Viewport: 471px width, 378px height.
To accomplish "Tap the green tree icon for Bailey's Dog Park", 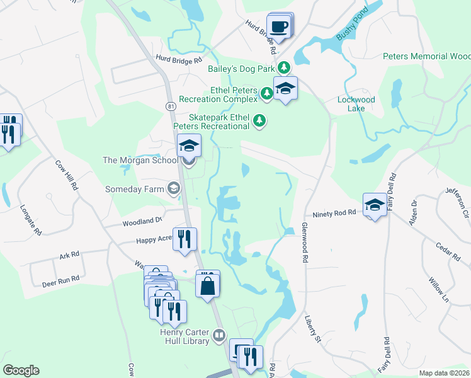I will (285, 66).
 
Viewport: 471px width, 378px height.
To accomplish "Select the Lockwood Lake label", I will (356, 104).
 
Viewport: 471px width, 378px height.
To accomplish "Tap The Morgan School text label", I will (140, 160).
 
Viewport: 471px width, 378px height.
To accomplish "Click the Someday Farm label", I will (134, 188).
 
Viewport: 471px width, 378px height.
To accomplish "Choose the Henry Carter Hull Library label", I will (183, 336).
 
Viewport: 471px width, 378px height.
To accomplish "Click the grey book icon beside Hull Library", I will (219, 335).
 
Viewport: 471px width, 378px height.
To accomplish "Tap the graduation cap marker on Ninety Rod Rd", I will (375, 205).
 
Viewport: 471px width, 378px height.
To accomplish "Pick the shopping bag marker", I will (207, 286).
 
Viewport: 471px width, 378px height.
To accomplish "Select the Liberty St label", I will (313, 329).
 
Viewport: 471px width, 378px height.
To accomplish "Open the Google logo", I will (21, 370).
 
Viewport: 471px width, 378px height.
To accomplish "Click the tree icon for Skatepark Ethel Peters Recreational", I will (258, 120).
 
